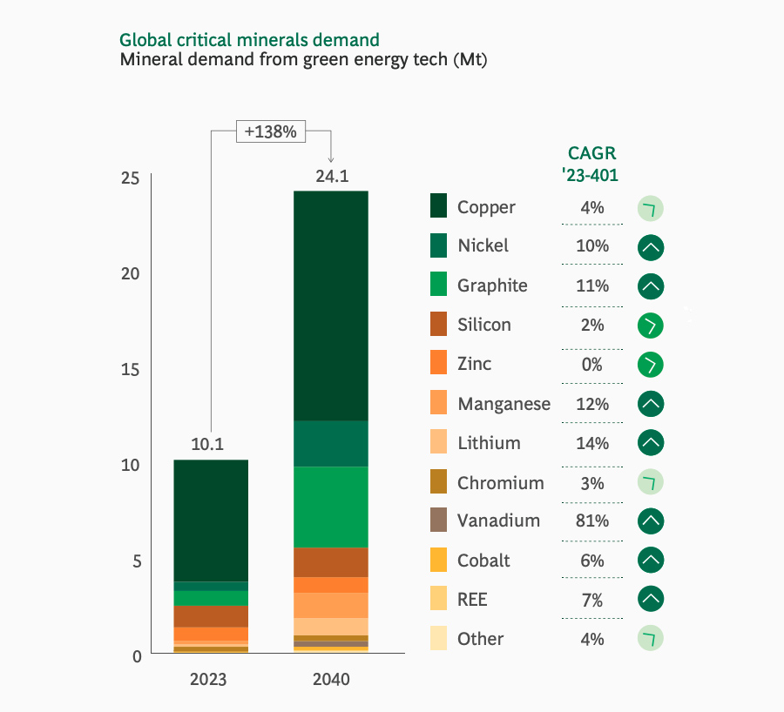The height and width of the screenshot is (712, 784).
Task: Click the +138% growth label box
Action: click(x=271, y=132)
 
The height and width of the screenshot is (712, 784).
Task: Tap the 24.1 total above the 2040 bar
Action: click(x=331, y=176)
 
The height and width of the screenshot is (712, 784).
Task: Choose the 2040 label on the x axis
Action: click(x=331, y=679)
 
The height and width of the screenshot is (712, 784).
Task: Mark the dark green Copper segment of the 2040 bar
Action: click(x=331, y=305)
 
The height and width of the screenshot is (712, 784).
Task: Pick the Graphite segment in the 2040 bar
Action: click(x=331, y=507)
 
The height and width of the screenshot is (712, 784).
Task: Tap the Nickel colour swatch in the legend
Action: click(x=440, y=246)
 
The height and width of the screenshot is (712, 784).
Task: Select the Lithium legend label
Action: click(x=489, y=443)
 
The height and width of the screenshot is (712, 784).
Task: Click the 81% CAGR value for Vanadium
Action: click(x=592, y=521)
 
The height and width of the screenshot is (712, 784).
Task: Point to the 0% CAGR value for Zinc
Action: click(x=592, y=365)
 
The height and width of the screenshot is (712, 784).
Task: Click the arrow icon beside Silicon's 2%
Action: click(x=651, y=326)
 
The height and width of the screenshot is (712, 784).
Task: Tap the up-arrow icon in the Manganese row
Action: click(x=651, y=404)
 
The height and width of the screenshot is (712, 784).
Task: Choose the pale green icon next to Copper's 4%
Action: click(x=651, y=209)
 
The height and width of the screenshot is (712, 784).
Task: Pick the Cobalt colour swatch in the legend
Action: click(x=440, y=561)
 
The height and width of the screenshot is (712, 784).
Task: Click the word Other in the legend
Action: click(x=480, y=639)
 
